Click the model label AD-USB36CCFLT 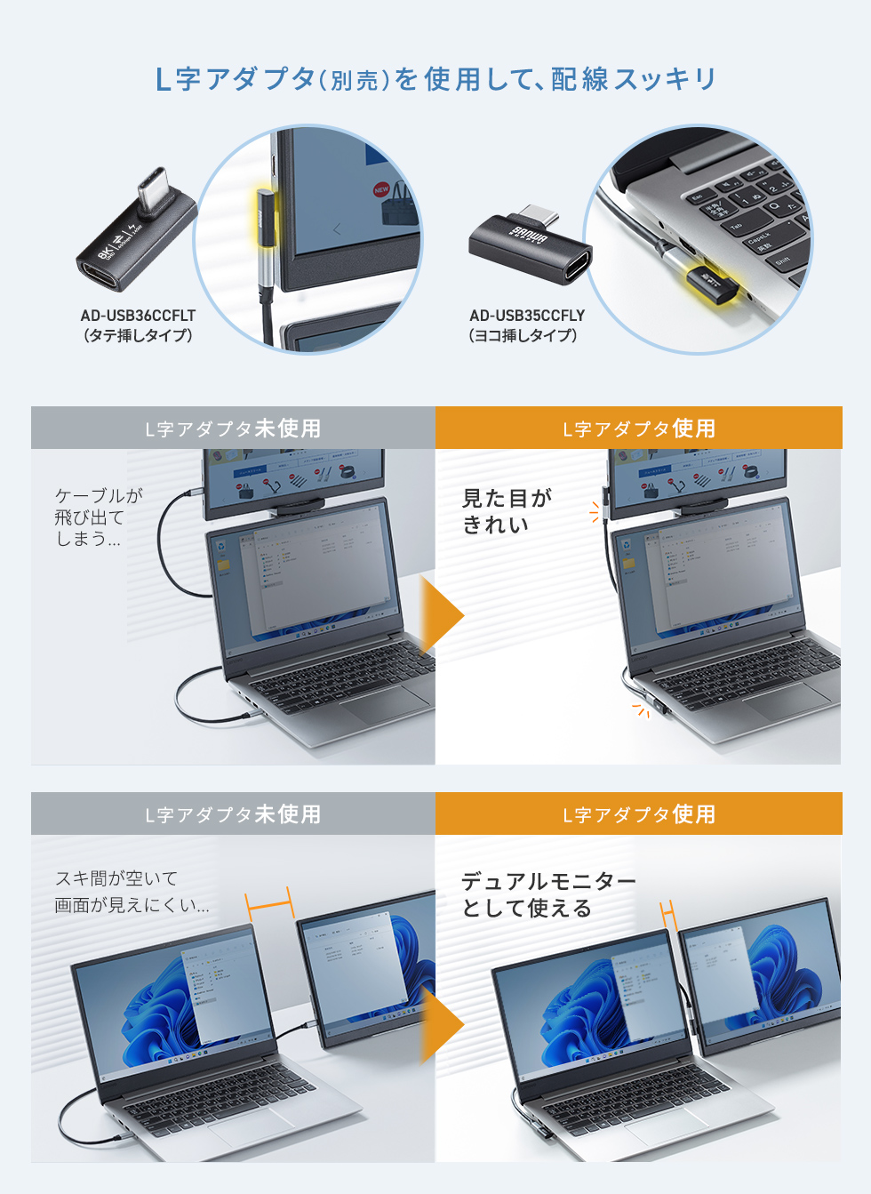[x=138, y=316]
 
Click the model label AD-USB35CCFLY [x=527, y=316]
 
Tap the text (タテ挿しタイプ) [x=138, y=336]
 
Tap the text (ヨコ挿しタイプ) [x=523, y=336]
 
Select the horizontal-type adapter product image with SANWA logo [x=530, y=248]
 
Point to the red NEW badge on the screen [x=381, y=189]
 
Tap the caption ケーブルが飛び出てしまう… [x=98, y=517]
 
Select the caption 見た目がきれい [x=507, y=511]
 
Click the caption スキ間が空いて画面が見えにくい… [x=132, y=892]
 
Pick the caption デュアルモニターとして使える [x=548, y=894]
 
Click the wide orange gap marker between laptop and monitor [x=269, y=904]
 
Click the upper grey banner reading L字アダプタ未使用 [x=233, y=429]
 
